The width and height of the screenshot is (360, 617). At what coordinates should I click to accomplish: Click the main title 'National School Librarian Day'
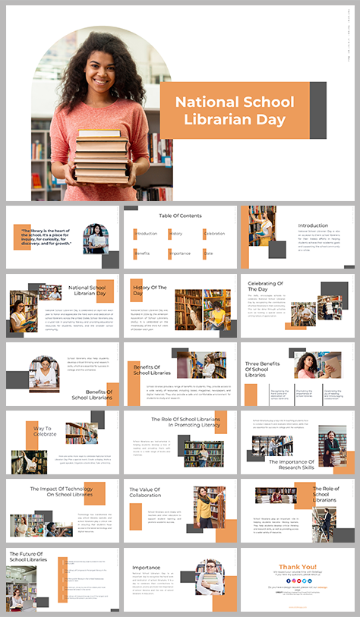(x=230, y=111)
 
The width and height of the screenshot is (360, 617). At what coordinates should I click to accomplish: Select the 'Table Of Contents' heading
(x=180, y=216)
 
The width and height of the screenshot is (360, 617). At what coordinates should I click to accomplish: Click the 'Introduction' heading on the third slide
(x=313, y=225)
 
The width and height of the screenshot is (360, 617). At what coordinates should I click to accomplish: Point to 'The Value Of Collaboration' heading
(x=144, y=493)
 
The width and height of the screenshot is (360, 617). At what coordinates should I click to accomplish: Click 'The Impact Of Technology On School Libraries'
(x=60, y=493)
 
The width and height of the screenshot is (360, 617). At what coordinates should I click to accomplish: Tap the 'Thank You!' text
(x=297, y=566)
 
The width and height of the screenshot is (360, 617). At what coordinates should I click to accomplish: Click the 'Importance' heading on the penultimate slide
(x=146, y=566)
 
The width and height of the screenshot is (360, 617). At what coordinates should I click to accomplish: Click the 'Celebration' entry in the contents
(x=215, y=234)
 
